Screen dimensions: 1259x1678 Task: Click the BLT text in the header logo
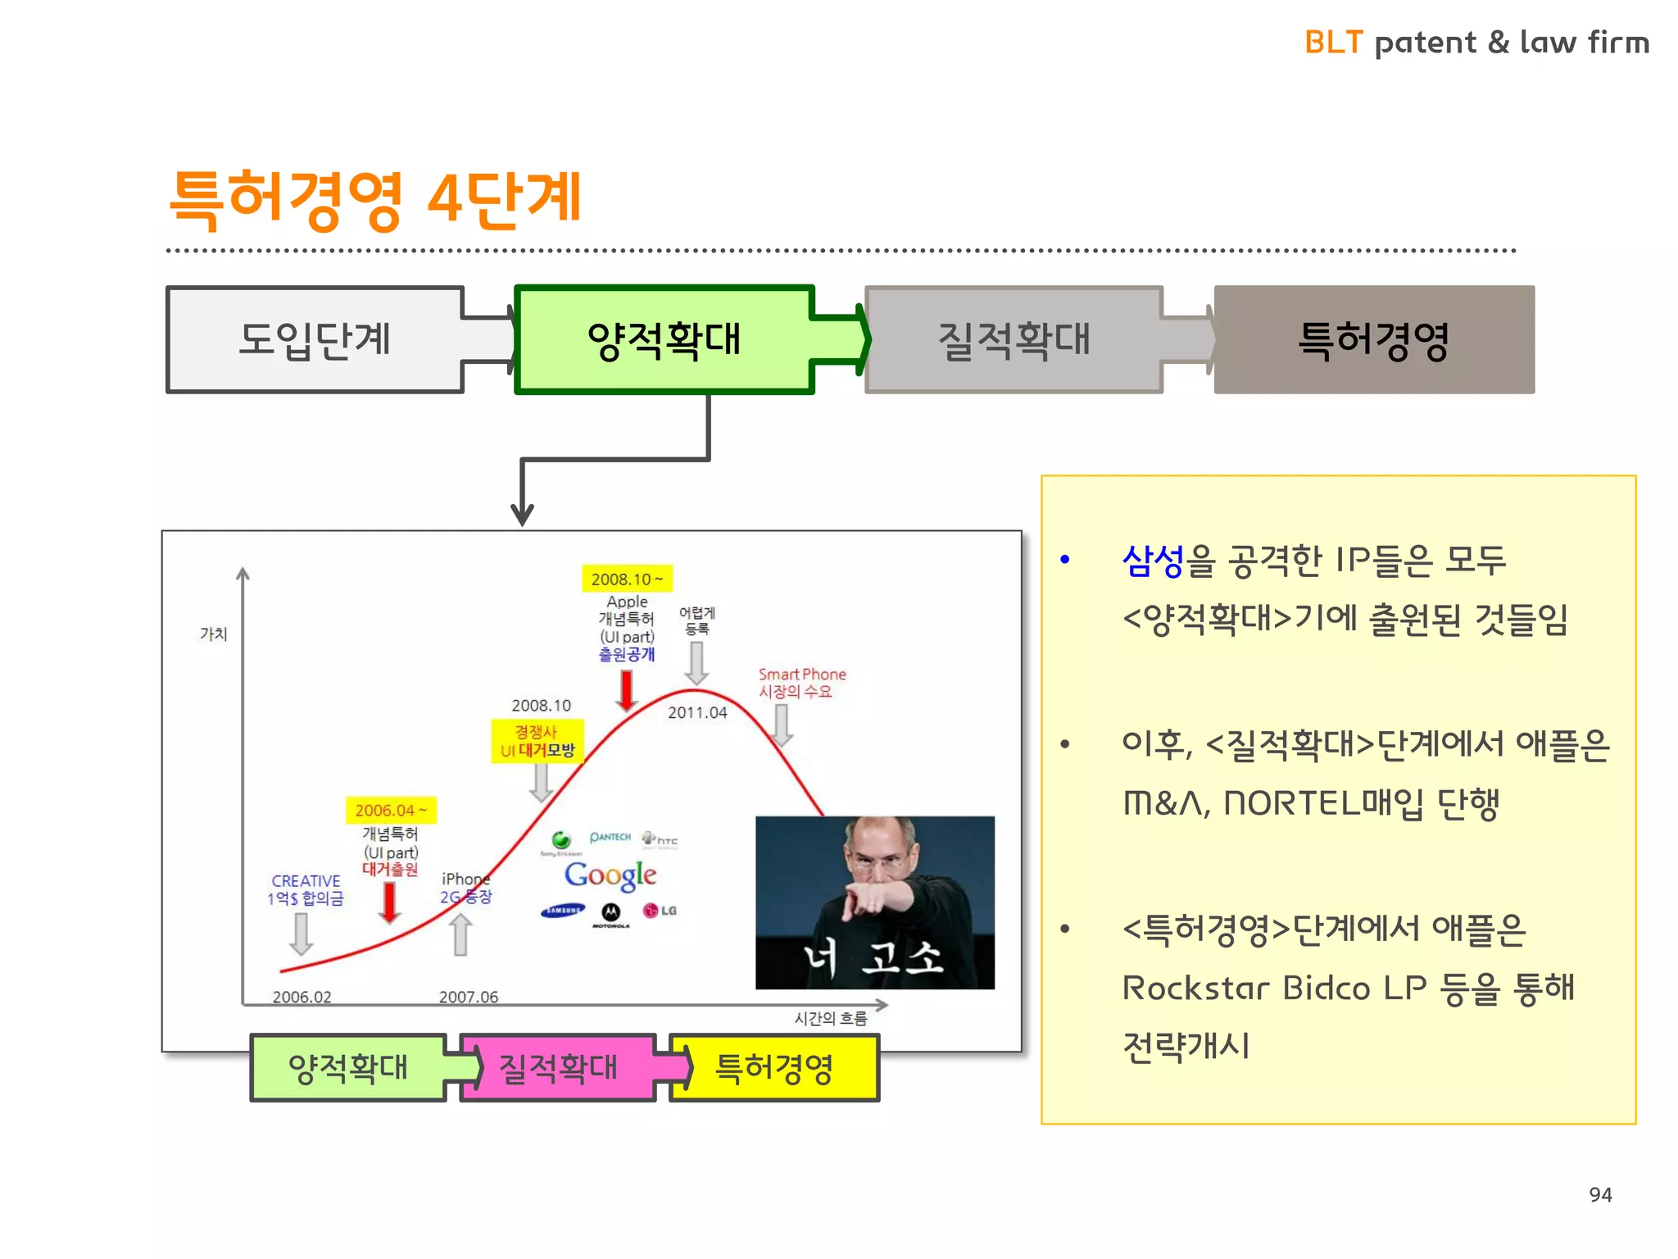1333,43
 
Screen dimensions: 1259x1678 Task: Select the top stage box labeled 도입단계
315,339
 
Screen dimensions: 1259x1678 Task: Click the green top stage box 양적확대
664,339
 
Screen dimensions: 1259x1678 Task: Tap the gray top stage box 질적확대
1014,339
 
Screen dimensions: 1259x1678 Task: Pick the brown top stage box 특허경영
1374,339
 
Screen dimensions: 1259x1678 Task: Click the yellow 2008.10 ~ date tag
627,579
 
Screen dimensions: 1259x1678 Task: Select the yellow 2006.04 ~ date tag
390,810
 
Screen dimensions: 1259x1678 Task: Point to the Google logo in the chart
610,875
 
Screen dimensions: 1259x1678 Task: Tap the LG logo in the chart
660,911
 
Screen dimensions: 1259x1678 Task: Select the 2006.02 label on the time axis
302,997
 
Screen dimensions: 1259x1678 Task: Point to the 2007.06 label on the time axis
468,997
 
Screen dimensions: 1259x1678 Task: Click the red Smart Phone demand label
801,682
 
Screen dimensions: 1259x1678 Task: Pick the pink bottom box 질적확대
558,1068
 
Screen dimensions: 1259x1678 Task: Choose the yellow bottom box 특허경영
774,1068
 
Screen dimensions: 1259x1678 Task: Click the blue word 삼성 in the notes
1153,561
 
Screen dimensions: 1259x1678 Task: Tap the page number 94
1599,1194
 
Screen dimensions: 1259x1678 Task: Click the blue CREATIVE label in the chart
306,881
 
